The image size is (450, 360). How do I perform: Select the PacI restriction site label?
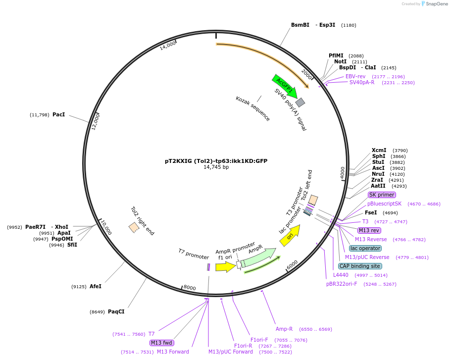pyautogui.click(x=58, y=115)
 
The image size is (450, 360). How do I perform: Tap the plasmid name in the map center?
pyautogui.click(x=216, y=161)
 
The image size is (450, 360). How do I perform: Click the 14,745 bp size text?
pyautogui.click(x=216, y=167)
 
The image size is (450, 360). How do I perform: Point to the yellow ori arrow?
pyautogui.click(x=290, y=238)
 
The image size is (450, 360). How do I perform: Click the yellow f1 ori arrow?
pyautogui.click(x=226, y=267)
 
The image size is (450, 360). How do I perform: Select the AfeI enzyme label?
pyautogui.click(x=96, y=286)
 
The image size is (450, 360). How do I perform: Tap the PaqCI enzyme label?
pyautogui.click(x=116, y=312)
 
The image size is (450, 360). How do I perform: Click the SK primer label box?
pyautogui.click(x=382, y=195)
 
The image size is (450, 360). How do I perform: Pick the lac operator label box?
pyautogui.click(x=365, y=248)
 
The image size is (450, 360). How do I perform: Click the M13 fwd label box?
pyautogui.click(x=162, y=343)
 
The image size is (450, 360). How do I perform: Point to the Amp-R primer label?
pyautogui.click(x=284, y=329)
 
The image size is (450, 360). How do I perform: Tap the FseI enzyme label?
pyautogui.click(x=371, y=212)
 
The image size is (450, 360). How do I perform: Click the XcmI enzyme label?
pyautogui.click(x=379, y=150)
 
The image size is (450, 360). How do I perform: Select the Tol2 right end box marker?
pyautogui.click(x=134, y=227)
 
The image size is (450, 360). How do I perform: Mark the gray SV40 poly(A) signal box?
pyautogui.click(x=300, y=103)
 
